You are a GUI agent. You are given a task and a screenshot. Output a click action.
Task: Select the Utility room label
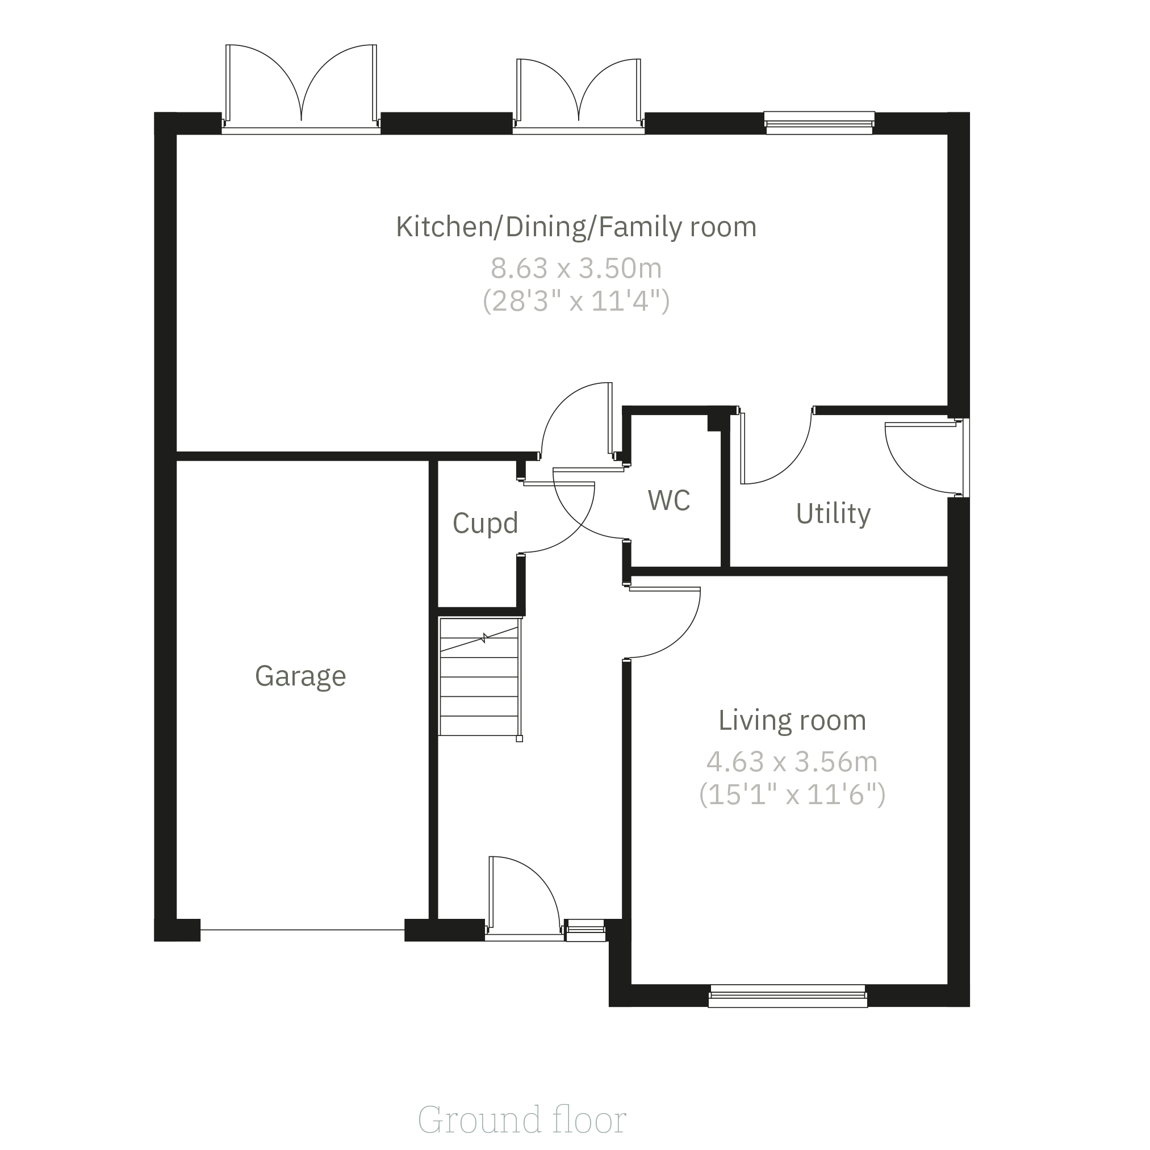tap(833, 514)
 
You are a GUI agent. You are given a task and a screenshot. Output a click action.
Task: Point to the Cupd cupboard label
tap(485, 523)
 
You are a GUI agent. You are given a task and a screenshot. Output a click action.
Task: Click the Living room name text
tap(792, 720)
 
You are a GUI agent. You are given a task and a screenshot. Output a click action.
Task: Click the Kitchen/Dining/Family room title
tap(576, 227)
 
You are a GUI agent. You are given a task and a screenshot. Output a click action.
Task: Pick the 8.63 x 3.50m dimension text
tap(576, 269)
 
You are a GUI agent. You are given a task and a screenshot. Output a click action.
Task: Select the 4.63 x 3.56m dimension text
tap(792, 762)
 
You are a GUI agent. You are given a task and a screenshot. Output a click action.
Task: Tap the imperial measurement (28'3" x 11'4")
tap(576, 301)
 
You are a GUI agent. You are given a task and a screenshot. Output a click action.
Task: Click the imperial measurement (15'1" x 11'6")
tap(792, 794)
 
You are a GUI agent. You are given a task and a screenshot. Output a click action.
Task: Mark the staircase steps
tap(480, 678)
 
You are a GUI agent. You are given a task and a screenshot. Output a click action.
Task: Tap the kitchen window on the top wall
tap(819, 123)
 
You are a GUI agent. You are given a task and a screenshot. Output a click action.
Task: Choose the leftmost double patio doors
tap(301, 89)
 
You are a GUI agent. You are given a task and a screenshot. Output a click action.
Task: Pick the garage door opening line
tap(302, 930)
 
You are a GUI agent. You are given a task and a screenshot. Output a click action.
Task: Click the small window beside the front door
tap(586, 930)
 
